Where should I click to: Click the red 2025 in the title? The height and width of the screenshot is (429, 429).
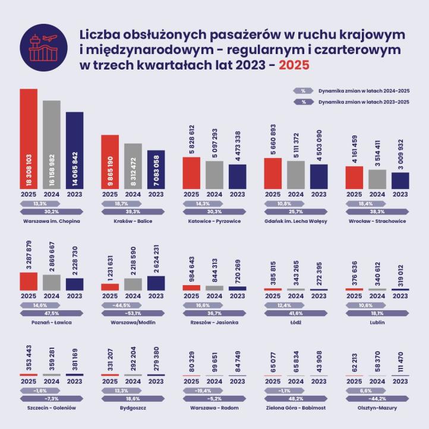point(295,65)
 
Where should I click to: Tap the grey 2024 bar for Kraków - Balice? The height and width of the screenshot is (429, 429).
point(133,166)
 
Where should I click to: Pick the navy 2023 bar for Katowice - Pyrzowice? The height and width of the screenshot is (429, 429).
point(236,176)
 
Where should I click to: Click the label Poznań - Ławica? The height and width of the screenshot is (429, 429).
point(52,322)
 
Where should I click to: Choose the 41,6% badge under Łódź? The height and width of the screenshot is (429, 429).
point(296,313)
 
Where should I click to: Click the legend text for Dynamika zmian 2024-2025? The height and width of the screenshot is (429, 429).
point(364,91)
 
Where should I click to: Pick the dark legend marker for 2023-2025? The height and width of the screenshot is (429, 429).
point(303,102)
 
